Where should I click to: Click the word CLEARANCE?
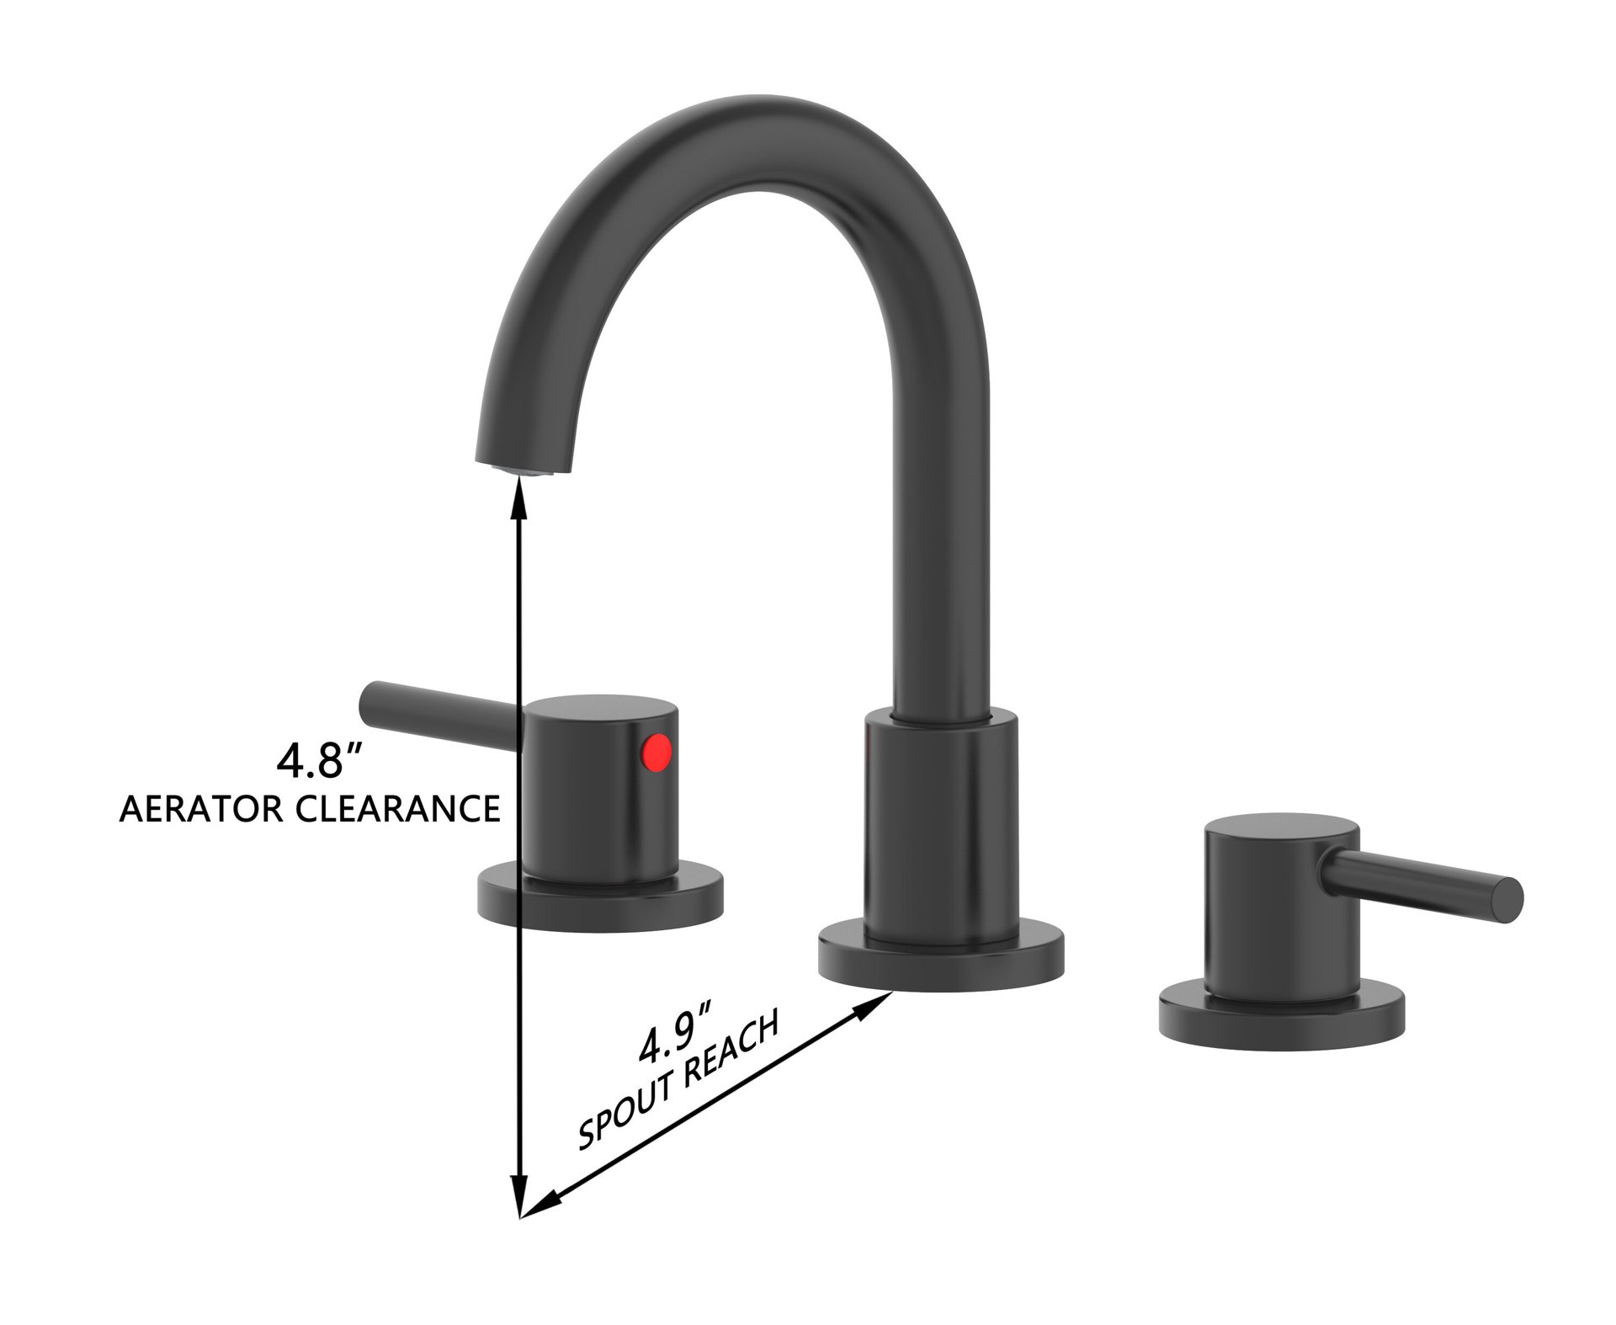[x=398, y=809]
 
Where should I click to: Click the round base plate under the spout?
[x=941, y=964]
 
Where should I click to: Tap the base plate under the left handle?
[x=599, y=905]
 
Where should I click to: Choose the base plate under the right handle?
[x=1281, y=1020]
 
